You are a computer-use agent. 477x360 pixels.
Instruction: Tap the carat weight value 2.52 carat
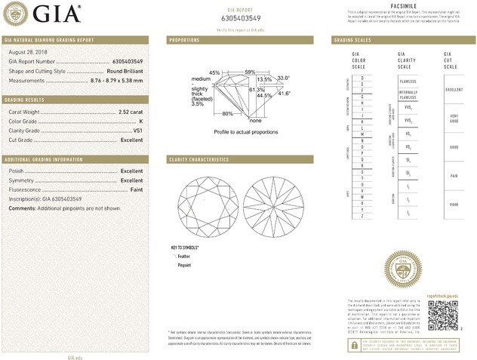[131, 112]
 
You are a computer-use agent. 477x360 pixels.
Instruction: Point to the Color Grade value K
[140, 122]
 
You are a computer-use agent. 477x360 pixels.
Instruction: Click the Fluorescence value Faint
[134, 189]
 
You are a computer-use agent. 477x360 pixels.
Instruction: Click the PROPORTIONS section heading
[185, 39]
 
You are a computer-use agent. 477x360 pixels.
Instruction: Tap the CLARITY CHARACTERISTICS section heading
[198, 159]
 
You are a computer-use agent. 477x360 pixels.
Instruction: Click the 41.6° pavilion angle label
[285, 93]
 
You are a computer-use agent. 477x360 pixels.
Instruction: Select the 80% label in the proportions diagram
[228, 114]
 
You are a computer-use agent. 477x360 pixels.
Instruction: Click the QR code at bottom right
[443, 315]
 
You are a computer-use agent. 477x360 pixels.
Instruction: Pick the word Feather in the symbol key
[185, 257]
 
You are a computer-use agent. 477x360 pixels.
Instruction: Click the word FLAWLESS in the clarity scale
[408, 82]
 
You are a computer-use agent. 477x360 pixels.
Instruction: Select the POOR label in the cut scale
[453, 205]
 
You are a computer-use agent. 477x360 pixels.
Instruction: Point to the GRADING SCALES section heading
[352, 39]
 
